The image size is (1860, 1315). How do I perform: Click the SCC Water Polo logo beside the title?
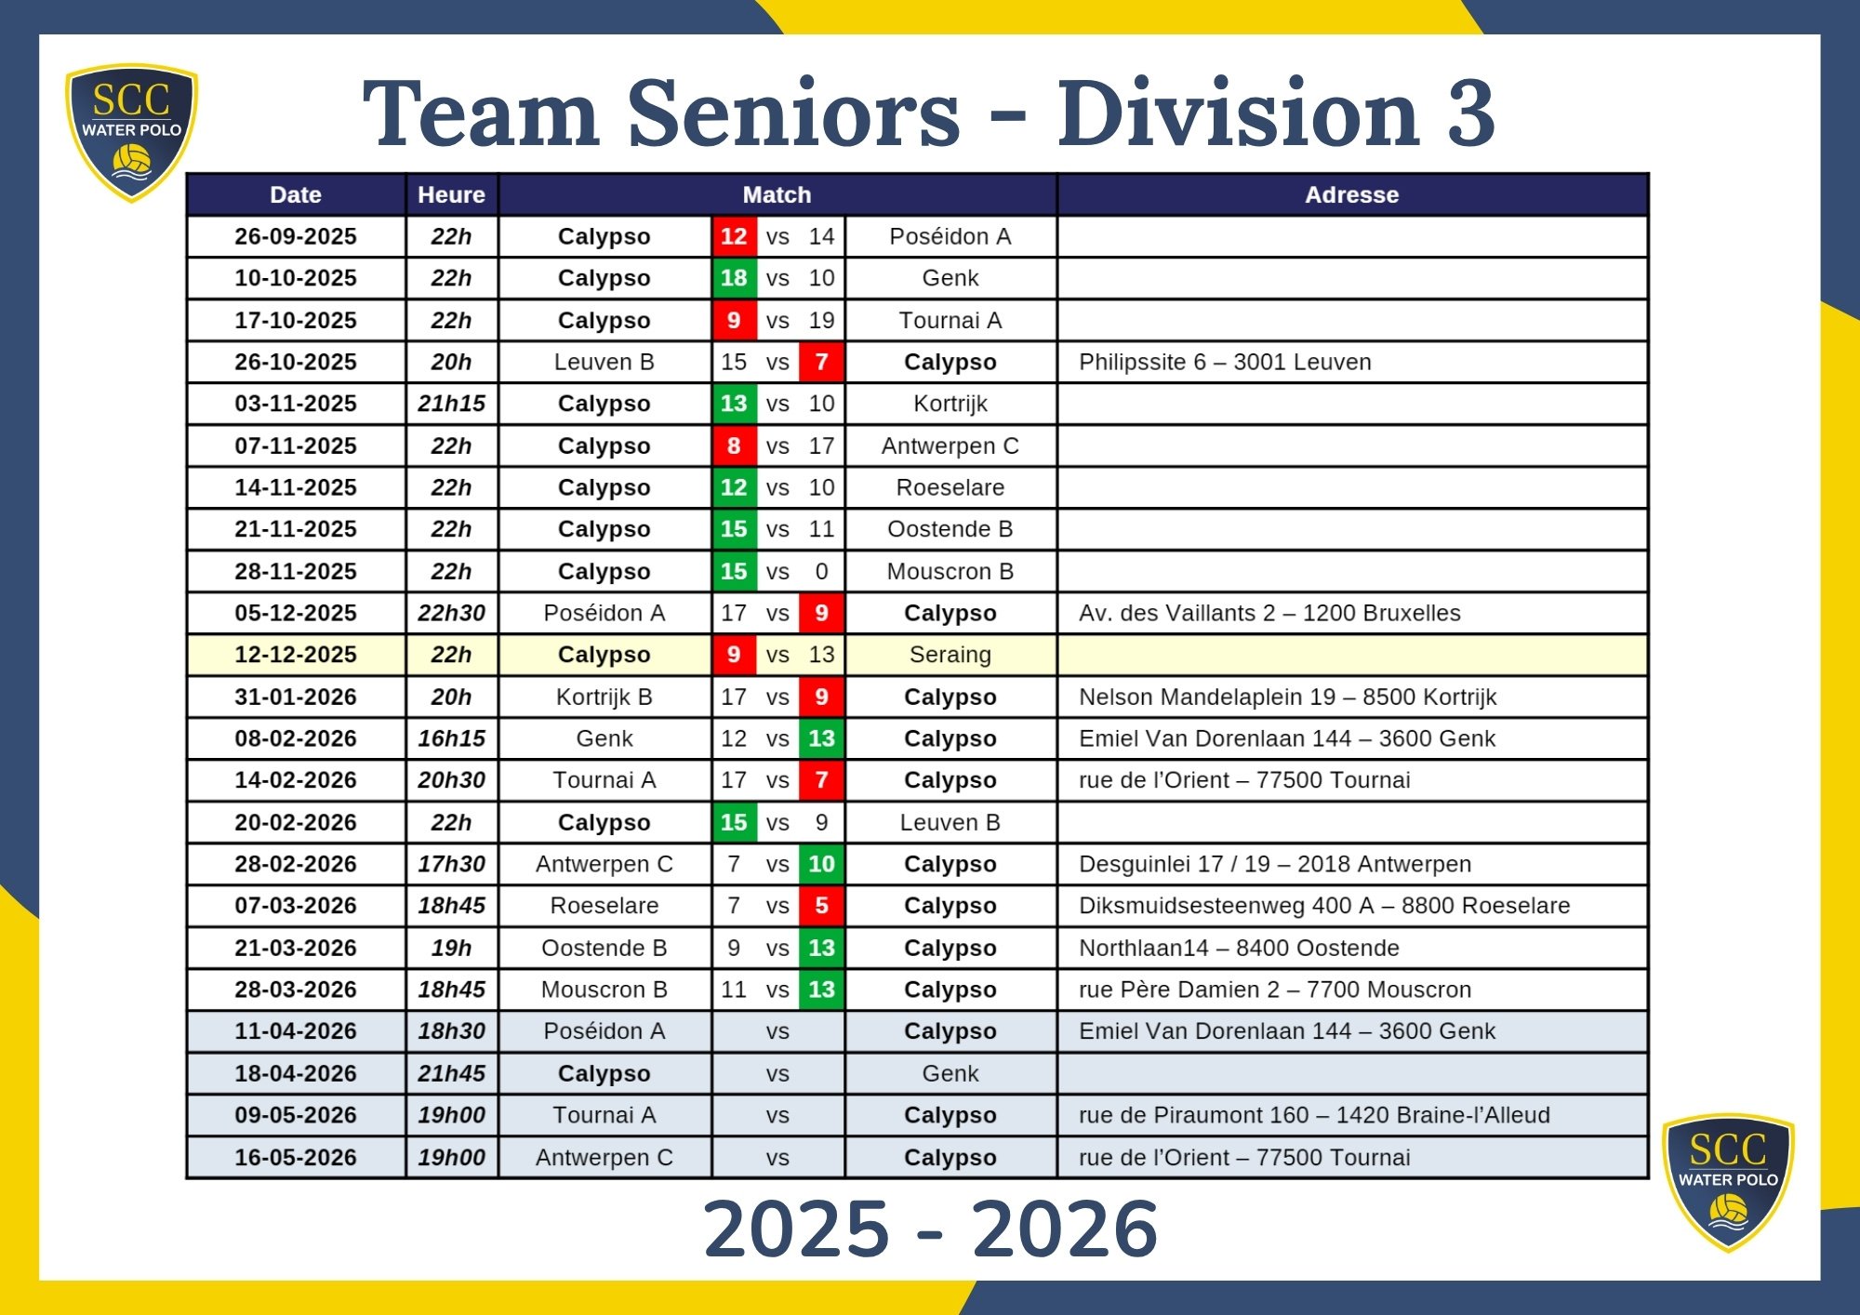[x=131, y=132]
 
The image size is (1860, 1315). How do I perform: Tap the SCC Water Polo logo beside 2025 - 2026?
[x=1728, y=1182]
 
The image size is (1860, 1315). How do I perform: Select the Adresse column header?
[x=1351, y=195]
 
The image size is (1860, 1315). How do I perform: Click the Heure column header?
[x=451, y=195]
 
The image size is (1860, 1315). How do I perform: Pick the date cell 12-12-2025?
[x=296, y=655]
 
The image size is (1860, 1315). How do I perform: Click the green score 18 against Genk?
[x=734, y=278]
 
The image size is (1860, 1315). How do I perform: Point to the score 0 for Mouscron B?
[x=821, y=571]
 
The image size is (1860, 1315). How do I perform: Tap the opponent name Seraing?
[x=950, y=655]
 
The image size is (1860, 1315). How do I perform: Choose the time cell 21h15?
[x=451, y=404]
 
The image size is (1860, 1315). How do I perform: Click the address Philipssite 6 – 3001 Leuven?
[x=1225, y=362]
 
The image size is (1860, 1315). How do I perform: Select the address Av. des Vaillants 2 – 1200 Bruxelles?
[x=1269, y=613]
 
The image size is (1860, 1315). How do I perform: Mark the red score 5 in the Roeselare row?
[x=821, y=906]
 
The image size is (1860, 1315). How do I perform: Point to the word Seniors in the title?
[x=795, y=113]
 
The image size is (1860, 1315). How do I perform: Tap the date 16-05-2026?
[x=296, y=1158]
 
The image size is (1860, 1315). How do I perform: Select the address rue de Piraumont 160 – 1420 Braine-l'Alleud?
[x=1314, y=1115]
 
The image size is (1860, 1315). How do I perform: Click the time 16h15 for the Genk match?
[x=451, y=738]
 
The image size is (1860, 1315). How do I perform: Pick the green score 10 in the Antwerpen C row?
[x=821, y=864]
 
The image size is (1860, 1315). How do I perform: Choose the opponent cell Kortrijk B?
[x=604, y=697]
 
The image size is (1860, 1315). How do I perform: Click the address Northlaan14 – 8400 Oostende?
[x=1239, y=948]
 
